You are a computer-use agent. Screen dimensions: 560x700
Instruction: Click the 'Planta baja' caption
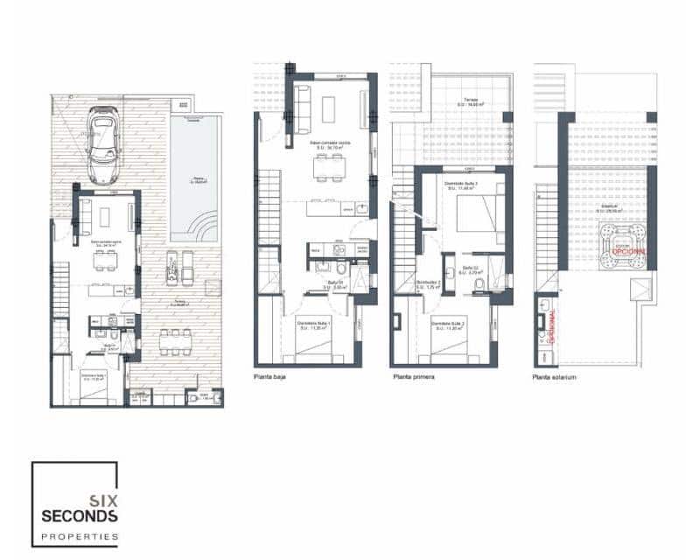[x=271, y=378]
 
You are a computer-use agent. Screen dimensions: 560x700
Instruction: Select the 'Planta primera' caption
[x=413, y=378]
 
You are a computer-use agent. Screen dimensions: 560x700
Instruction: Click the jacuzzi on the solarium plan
[x=622, y=243]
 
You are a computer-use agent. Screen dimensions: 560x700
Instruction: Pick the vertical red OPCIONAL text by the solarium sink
[x=553, y=325]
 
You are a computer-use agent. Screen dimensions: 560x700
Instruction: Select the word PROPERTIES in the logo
[x=80, y=535]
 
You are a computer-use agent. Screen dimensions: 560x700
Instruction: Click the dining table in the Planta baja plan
[x=330, y=171]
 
